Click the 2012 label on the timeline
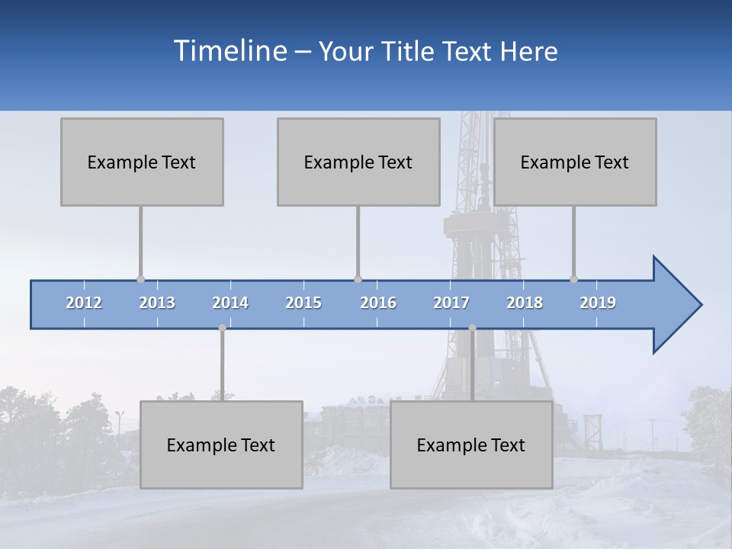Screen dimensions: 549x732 [84, 303]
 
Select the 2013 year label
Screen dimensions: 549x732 [157, 303]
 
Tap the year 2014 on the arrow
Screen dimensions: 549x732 [230, 303]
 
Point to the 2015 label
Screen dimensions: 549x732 [303, 303]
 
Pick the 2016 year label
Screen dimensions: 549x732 [378, 303]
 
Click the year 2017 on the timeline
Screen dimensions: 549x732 [451, 303]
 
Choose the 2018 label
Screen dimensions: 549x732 [525, 303]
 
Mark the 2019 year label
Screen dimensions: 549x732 [598, 303]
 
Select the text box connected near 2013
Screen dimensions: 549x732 [142, 162]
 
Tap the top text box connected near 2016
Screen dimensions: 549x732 [358, 162]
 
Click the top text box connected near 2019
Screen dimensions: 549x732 [575, 162]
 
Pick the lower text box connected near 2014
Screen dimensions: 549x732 [221, 445]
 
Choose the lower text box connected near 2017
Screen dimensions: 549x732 [471, 445]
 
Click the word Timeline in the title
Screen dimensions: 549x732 [229, 50]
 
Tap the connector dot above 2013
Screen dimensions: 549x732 [140, 279]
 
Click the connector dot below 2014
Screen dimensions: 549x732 [222, 328]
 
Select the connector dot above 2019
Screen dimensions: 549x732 [573, 279]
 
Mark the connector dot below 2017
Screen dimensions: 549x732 [472, 328]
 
